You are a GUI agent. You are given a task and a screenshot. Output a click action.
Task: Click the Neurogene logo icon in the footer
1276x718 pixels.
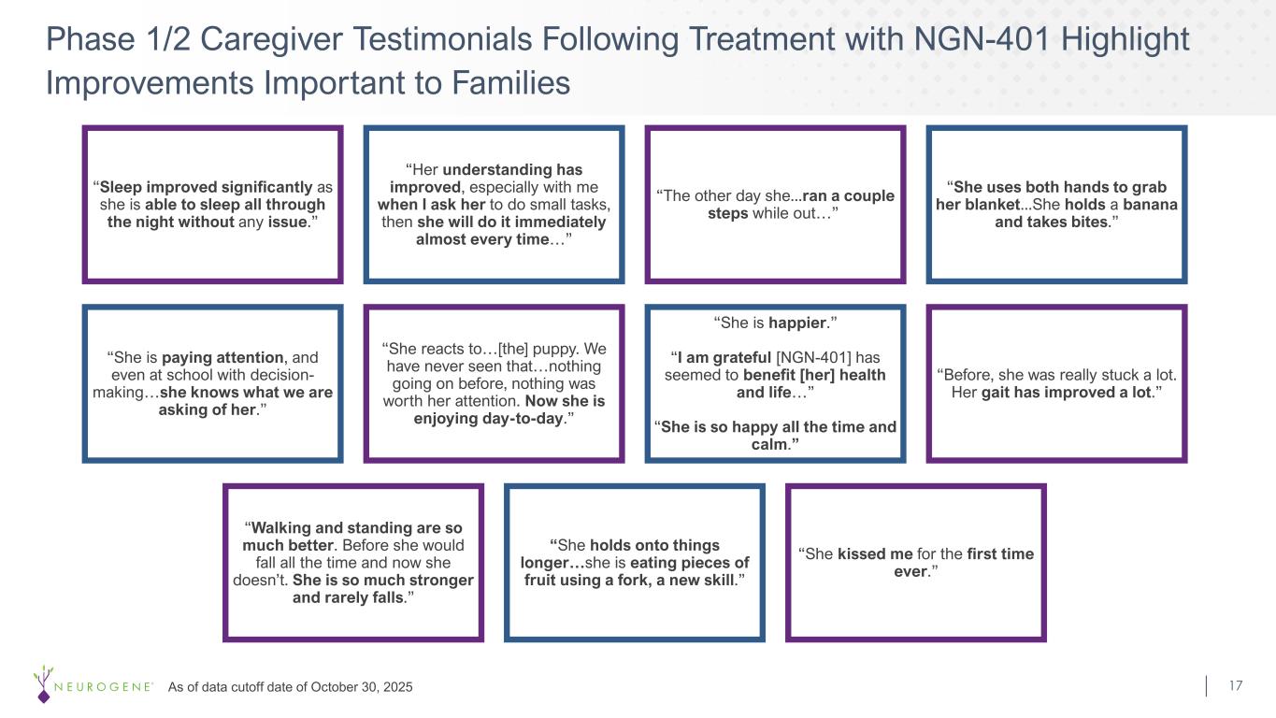43,683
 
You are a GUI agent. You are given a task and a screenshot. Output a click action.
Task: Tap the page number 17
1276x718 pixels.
1236,685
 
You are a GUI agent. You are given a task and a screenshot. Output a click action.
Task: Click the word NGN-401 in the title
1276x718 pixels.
982,39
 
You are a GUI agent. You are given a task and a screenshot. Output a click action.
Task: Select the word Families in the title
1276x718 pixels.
511,83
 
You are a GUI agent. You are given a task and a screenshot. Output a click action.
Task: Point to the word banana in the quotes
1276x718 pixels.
1150,205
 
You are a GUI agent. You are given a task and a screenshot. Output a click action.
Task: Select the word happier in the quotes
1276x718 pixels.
797,323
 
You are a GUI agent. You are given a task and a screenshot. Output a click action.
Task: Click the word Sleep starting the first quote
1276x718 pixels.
121,188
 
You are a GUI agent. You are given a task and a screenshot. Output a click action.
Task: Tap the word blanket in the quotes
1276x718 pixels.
991,205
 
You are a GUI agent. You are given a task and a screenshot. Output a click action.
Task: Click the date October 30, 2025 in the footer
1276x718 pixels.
362,687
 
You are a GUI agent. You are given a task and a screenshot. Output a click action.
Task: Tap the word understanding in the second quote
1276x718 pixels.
497,170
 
